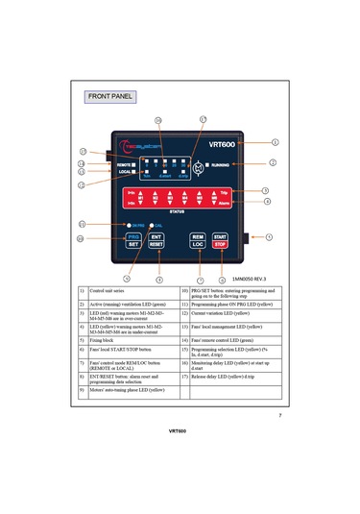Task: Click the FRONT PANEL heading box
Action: (109, 97)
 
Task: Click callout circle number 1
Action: (276, 141)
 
